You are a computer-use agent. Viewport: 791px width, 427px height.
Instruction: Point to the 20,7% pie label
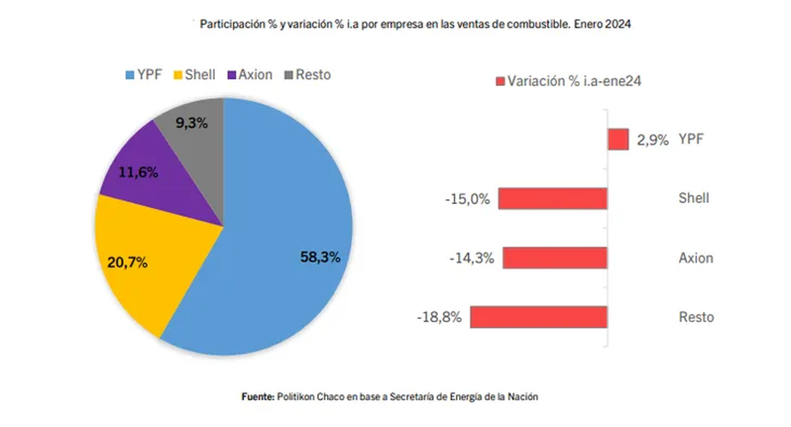(127, 263)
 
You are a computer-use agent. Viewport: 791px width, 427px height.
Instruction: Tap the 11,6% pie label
(138, 173)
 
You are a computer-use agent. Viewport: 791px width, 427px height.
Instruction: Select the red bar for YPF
(618, 140)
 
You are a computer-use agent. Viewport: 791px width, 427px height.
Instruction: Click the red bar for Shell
(552, 198)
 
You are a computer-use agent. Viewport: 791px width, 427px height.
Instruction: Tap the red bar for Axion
(555, 258)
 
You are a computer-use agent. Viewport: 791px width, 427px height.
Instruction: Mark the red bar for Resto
(539, 317)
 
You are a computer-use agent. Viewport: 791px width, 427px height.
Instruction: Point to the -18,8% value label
(439, 318)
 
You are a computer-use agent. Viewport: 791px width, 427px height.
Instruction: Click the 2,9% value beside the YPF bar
(653, 140)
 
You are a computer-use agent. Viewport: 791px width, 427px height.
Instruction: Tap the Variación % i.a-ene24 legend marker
(499, 82)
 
